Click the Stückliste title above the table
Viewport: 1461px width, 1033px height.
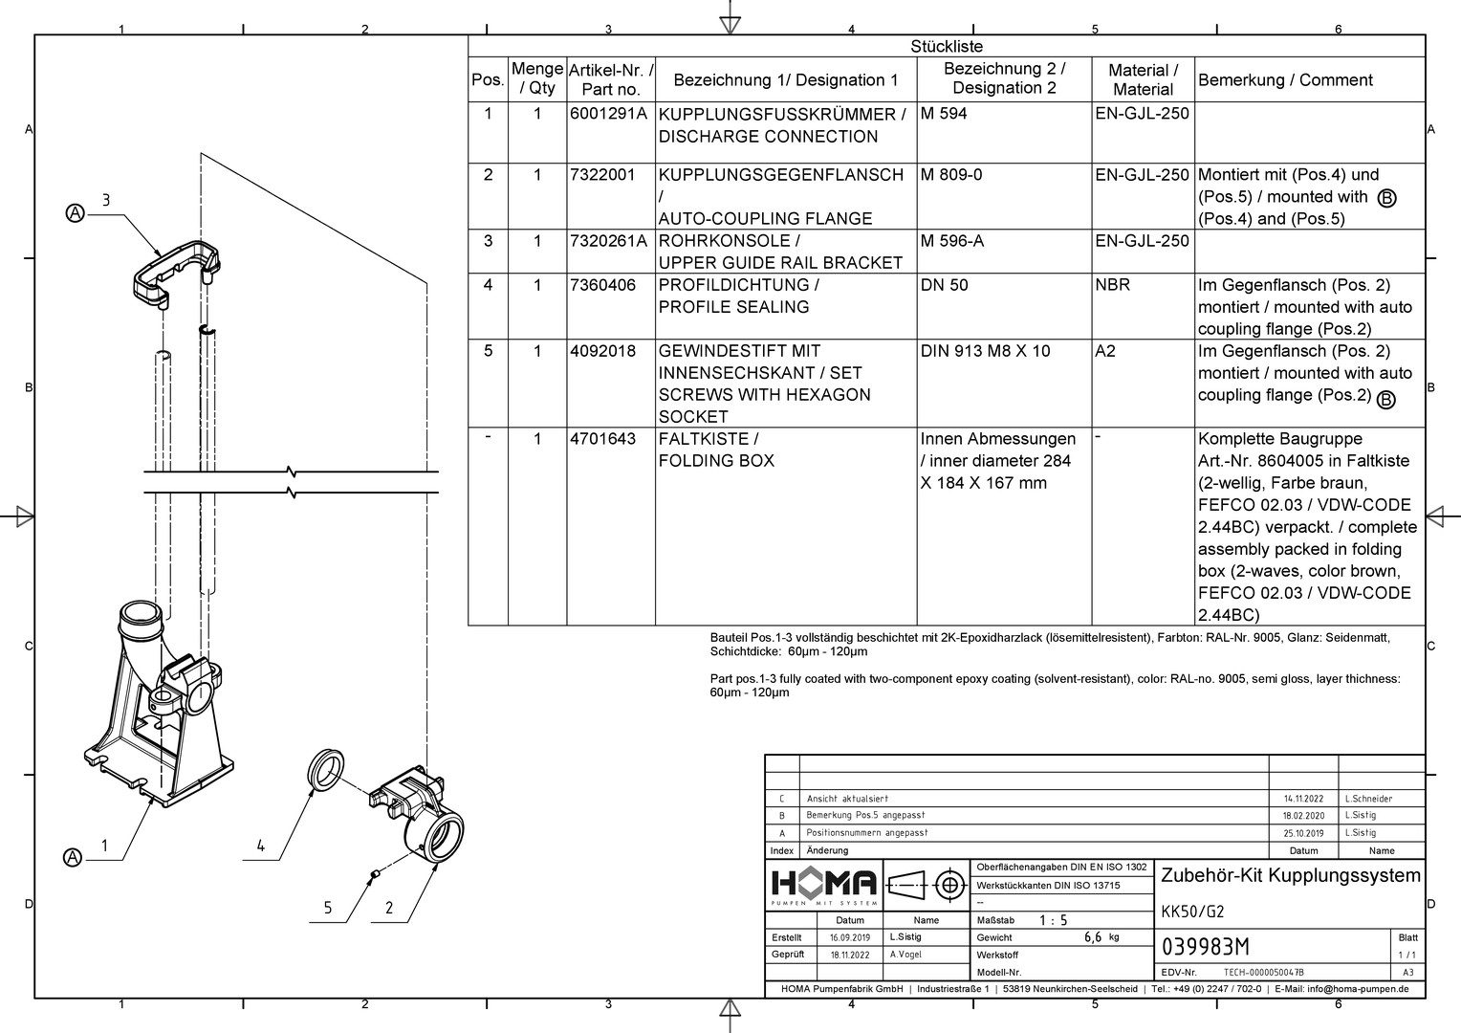click(x=946, y=46)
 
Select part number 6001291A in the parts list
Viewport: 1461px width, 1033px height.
click(x=608, y=114)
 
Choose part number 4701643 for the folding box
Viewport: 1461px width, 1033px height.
click(x=602, y=439)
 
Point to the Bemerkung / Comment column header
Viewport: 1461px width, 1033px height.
click(x=1284, y=80)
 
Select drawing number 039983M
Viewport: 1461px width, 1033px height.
click(x=1205, y=947)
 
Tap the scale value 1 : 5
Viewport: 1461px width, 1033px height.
click(x=1053, y=920)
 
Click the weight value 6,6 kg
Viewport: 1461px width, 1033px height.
click(x=1101, y=937)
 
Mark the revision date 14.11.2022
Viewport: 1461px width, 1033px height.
click(x=1302, y=799)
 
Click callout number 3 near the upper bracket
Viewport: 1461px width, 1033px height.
click(x=106, y=200)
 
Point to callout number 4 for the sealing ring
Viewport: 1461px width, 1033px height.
click(x=260, y=846)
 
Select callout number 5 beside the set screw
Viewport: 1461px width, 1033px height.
click(x=327, y=908)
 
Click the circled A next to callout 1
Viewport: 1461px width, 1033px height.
click(x=73, y=858)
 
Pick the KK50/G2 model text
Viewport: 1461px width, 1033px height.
click(x=1191, y=911)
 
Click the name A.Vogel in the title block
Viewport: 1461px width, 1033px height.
click(x=905, y=955)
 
